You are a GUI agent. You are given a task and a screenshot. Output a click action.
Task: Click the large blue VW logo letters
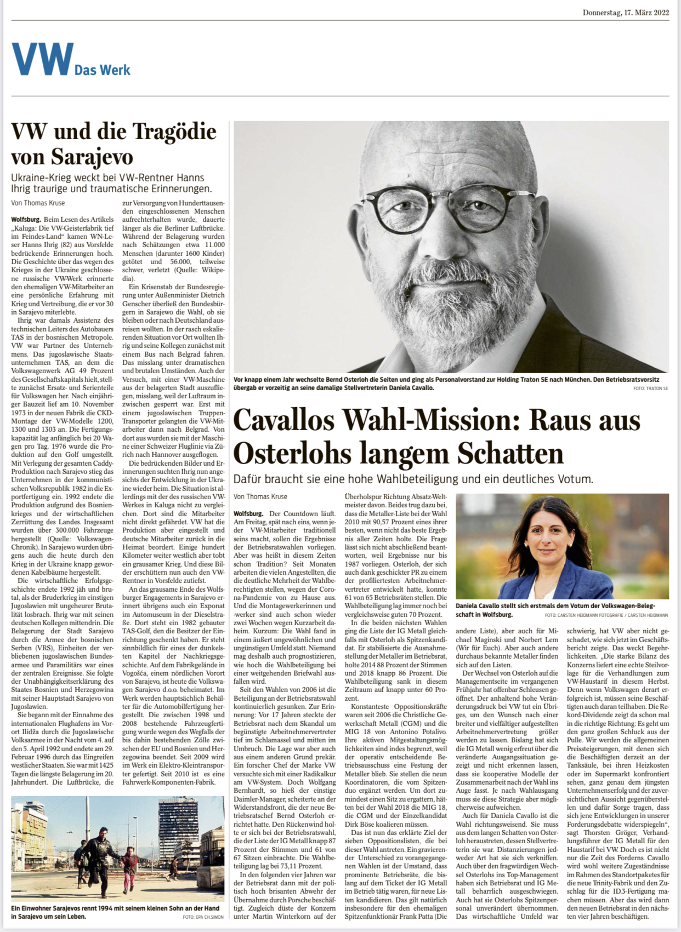[x=42, y=60]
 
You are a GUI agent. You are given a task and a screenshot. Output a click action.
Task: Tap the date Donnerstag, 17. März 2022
[x=626, y=13]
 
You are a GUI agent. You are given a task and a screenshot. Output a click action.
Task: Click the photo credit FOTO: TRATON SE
[x=650, y=388]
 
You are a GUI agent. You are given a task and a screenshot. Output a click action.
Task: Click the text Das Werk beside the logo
[x=103, y=70]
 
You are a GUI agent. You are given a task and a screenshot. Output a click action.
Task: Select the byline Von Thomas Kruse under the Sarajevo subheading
[x=38, y=203]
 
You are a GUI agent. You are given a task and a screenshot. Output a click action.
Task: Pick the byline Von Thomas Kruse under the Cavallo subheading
[x=260, y=496]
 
